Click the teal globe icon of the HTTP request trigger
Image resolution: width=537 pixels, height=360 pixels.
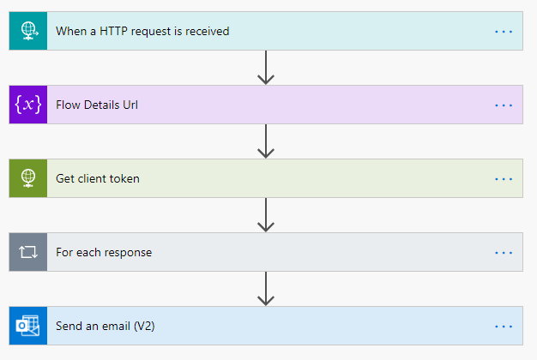point(28,32)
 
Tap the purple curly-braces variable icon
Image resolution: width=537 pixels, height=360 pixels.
point(28,105)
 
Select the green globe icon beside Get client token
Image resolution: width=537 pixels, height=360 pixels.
point(28,178)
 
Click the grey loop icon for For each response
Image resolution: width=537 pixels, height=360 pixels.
point(28,253)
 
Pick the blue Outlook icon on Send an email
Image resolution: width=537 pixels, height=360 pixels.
point(28,326)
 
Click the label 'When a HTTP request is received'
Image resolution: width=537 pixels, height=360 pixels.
point(142,32)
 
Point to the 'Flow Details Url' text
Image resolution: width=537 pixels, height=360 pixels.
point(96,105)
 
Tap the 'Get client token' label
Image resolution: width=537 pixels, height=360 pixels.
point(98,178)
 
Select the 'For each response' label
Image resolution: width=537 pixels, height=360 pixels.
point(104,253)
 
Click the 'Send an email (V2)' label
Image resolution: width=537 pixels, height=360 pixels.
point(106,326)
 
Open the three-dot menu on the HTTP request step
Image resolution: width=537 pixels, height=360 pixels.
point(504,32)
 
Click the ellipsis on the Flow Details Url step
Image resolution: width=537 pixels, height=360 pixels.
point(504,105)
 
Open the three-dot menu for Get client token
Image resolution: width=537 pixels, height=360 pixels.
point(504,178)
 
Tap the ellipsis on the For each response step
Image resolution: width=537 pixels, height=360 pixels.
point(504,253)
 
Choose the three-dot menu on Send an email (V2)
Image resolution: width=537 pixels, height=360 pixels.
point(504,326)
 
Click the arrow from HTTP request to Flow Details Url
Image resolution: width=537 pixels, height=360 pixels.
point(266,68)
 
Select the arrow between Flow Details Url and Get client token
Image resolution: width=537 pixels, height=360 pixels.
point(266,141)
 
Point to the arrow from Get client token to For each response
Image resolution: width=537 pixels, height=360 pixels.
point(266,215)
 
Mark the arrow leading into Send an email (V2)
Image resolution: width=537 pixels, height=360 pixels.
point(266,289)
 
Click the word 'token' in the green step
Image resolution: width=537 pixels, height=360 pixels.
point(124,178)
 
